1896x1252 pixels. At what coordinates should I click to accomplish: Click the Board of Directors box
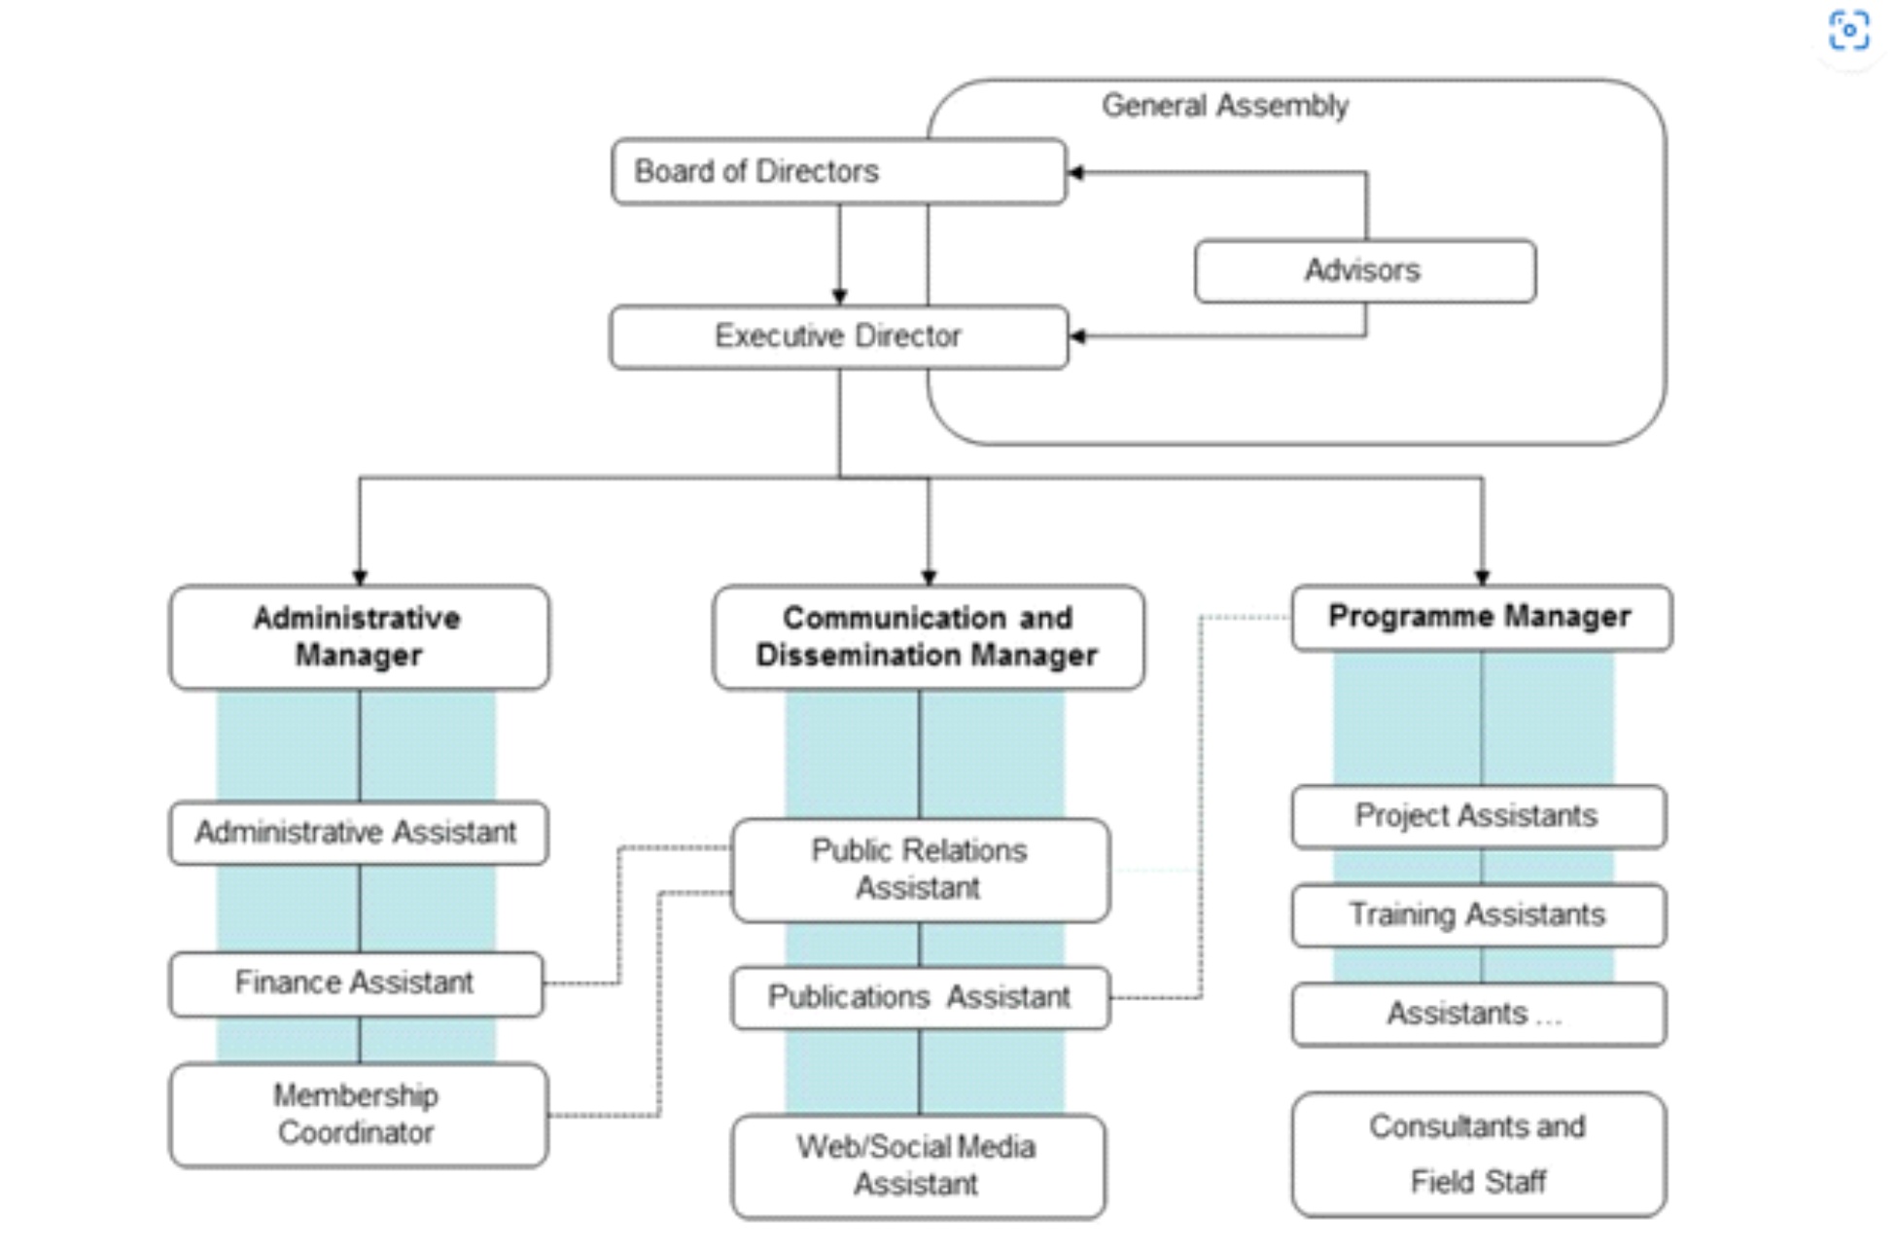pyautogui.click(x=838, y=171)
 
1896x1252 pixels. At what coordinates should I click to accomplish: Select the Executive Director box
pyautogui.click(x=838, y=337)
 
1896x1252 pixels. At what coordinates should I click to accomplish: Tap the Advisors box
pyautogui.click(x=1364, y=270)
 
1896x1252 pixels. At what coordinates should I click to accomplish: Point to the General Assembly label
pyautogui.click(x=1224, y=105)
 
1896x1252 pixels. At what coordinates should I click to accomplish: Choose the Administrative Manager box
pyautogui.click(x=359, y=637)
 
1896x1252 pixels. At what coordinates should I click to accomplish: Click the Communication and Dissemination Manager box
pyautogui.click(x=928, y=637)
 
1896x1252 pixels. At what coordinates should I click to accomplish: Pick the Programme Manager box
pyautogui.click(x=1481, y=617)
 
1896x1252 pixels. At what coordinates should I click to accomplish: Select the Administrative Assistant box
pyautogui.click(x=358, y=833)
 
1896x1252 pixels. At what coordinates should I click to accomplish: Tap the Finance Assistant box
pyautogui.click(x=356, y=984)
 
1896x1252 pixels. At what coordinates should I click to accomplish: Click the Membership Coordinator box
pyautogui.click(x=358, y=1115)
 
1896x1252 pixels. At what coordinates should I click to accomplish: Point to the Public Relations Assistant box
pyautogui.click(x=920, y=870)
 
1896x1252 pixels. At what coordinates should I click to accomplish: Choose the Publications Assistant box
pyautogui.click(x=920, y=997)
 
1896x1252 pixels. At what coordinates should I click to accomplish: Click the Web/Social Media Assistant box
pyautogui.click(x=918, y=1165)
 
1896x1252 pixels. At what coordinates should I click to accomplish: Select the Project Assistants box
pyautogui.click(x=1478, y=816)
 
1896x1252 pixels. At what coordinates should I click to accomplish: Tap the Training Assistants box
pyautogui.click(x=1478, y=915)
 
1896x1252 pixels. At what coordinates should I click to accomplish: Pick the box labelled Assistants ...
pyautogui.click(x=1478, y=1015)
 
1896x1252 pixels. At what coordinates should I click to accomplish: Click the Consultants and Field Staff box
pyautogui.click(x=1478, y=1154)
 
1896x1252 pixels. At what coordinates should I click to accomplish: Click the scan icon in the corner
pyautogui.click(x=1848, y=30)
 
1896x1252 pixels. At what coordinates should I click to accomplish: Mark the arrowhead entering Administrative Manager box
pyautogui.click(x=360, y=577)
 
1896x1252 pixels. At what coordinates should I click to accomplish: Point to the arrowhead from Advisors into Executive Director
pyautogui.click(x=1076, y=337)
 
